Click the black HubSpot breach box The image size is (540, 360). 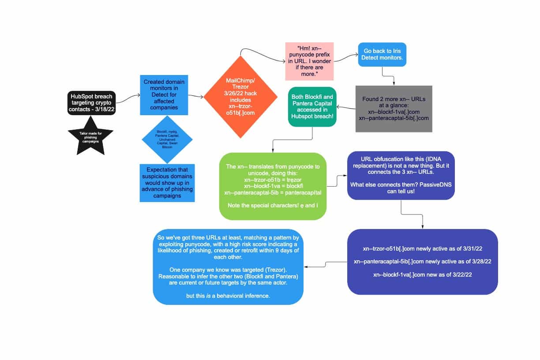(x=91, y=103)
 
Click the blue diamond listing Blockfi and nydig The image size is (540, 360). (x=167, y=139)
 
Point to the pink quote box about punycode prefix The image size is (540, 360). (x=309, y=61)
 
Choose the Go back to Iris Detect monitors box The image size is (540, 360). (x=382, y=54)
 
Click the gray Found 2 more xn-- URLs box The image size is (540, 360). (x=394, y=109)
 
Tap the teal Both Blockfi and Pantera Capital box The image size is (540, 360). (x=312, y=107)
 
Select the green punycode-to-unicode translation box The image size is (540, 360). (x=273, y=186)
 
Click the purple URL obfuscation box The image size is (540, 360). (x=401, y=175)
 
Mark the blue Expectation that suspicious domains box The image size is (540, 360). (x=167, y=183)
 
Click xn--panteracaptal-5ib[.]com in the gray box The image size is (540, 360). (x=394, y=118)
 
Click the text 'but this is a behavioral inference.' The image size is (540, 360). (x=228, y=296)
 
